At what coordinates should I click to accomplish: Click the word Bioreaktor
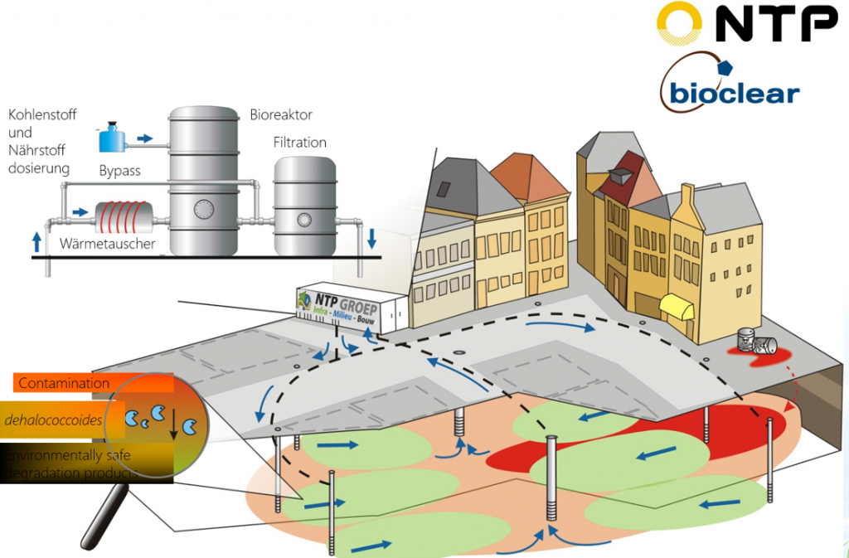pos(281,114)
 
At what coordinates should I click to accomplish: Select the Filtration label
pos(299,143)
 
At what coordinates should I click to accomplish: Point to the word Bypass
pos(119,171)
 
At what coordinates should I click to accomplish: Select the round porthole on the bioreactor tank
pos(203,207)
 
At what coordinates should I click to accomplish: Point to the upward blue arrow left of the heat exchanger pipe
pos(36,241)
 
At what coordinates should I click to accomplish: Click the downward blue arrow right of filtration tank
pos(371,239)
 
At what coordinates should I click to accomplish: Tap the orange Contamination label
pos(64,383)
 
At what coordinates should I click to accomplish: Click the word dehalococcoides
pos(53,420)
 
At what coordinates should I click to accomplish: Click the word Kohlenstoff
pos(41,114)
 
